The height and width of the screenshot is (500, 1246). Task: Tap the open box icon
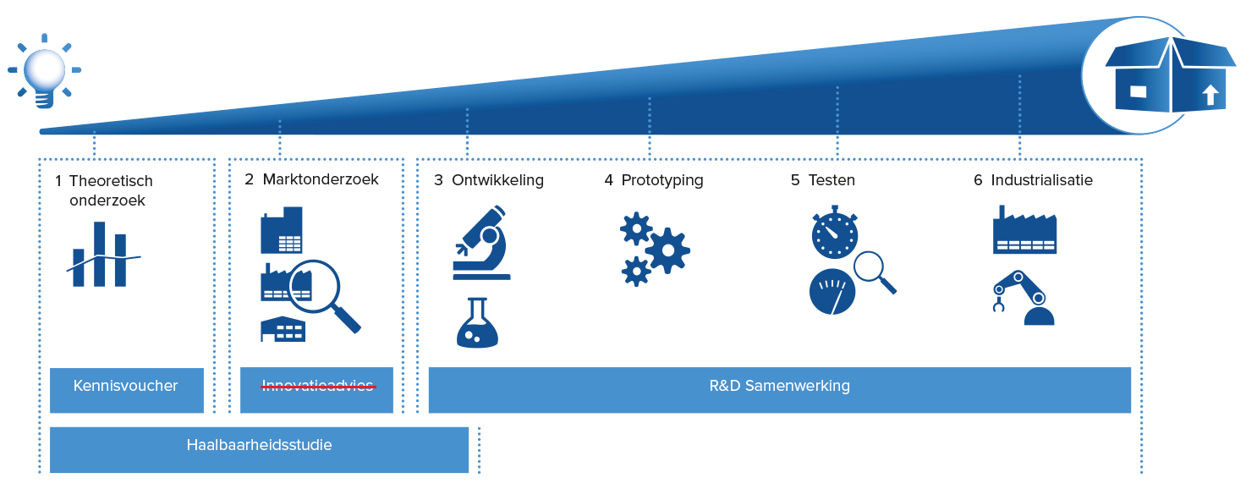[1171, 74]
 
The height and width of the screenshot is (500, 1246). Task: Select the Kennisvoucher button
[127, 390]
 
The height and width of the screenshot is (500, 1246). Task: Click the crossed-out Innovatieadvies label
[317, 386]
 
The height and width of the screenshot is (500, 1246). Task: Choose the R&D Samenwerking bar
[779, 390]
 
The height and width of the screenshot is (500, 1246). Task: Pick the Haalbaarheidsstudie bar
[259, 449]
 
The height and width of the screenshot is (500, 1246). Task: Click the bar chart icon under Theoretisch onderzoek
[103, 255]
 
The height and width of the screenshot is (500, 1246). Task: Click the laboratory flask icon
[477, 323]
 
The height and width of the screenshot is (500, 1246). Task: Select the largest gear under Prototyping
[668, 250]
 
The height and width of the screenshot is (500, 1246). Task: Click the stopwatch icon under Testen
[834, 233]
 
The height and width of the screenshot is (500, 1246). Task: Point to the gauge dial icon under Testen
[832, 292]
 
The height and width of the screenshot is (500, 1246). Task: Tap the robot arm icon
[1024, 298]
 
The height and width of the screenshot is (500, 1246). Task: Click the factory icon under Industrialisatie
[1024, 230]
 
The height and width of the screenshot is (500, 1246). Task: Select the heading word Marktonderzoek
[321, 179]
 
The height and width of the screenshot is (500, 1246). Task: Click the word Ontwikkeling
[498, 181]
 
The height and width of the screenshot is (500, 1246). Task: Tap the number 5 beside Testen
[795, 180]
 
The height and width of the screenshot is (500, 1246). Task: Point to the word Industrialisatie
[1042, 180]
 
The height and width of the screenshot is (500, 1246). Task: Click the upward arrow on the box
[1210, 95]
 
